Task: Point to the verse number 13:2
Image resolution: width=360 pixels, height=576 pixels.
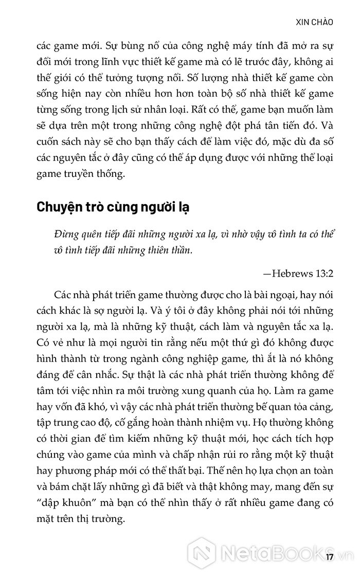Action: click(x=323, y=273)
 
